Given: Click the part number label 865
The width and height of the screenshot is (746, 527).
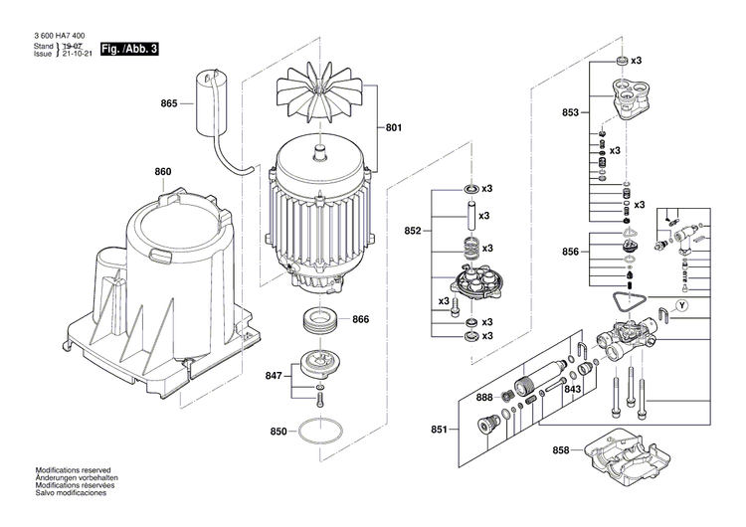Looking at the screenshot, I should (168, 103).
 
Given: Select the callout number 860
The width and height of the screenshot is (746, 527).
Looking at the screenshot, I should (162, 171).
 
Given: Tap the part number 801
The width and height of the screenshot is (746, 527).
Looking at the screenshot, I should (393, 127).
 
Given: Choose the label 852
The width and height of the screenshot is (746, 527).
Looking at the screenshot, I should (413, 231).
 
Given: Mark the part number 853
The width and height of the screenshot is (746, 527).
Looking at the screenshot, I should (570, 113).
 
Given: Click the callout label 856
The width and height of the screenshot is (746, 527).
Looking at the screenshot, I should (570, 253).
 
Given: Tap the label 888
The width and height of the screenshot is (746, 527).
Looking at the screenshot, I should (484, 398).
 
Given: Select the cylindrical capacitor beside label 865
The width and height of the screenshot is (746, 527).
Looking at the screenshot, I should (210, 98).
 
